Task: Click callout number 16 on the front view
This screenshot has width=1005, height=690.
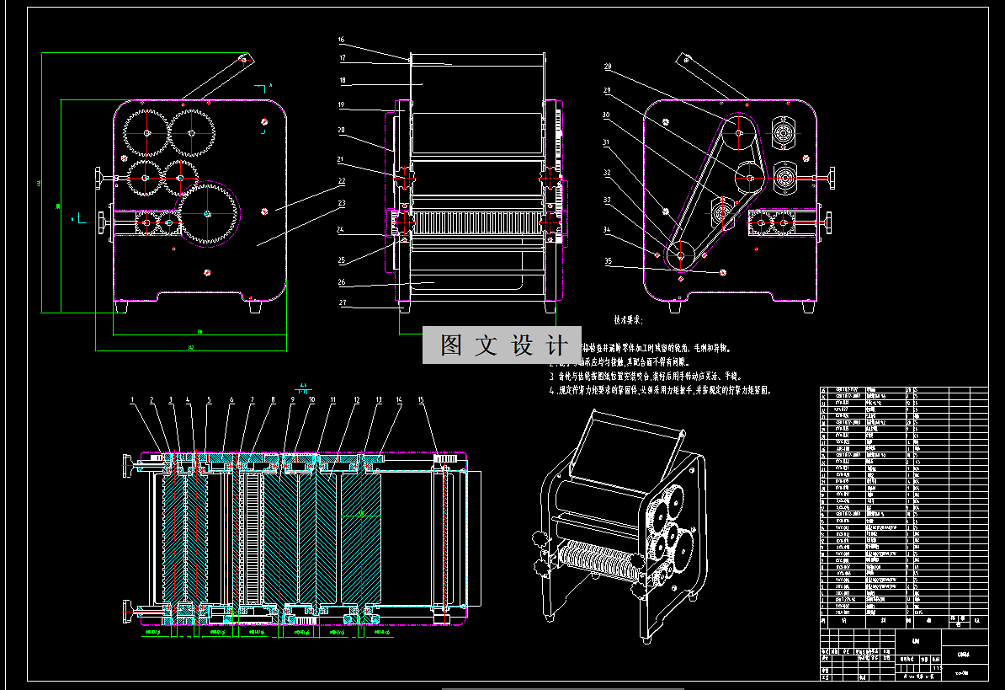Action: click(x=341, y=40)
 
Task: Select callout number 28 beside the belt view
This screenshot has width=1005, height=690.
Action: click(x=607, y=67)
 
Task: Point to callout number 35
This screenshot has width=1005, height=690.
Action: click(x=607, y=261)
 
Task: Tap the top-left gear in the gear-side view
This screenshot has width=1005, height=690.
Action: click(x=147, y=132)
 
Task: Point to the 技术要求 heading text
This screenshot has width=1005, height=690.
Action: click(x=628, y=320)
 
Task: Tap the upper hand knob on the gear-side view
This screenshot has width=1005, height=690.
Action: click(x=102, y=178)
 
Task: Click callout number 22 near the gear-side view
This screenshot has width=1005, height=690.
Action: click(x=341, y=179)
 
